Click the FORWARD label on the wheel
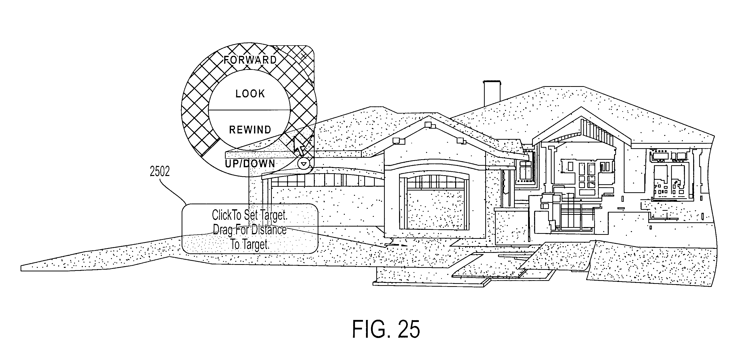click(x=250, y=60)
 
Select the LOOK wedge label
click(x=250, y=94)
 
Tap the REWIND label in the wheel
click(x=250, y=130)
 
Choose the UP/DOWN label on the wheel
click(x=250, y=164)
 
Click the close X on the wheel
click(x=304, y=56)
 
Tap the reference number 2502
click(x=160, y=171)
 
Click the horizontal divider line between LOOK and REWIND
click(x=249, y=110)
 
